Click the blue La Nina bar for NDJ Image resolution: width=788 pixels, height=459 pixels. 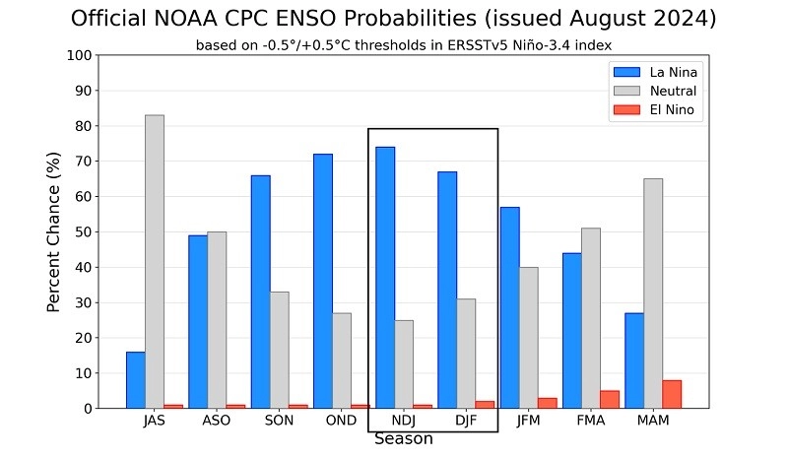[x=384, y=277]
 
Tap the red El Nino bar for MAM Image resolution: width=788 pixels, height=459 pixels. [x=671, y=394]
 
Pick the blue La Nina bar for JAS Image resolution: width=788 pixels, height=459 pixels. [x=136, y=379]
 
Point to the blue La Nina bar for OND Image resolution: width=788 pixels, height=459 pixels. [x=322, y=281]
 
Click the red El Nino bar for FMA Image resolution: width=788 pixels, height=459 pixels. [x=609, y=399]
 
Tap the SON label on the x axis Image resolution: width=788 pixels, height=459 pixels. [x=279, y=421]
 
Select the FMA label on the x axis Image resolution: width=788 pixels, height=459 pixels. [x=589, y=421]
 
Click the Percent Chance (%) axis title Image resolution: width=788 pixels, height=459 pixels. [x=55, y=231]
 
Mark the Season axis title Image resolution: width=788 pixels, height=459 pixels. [x=403, y=439]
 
